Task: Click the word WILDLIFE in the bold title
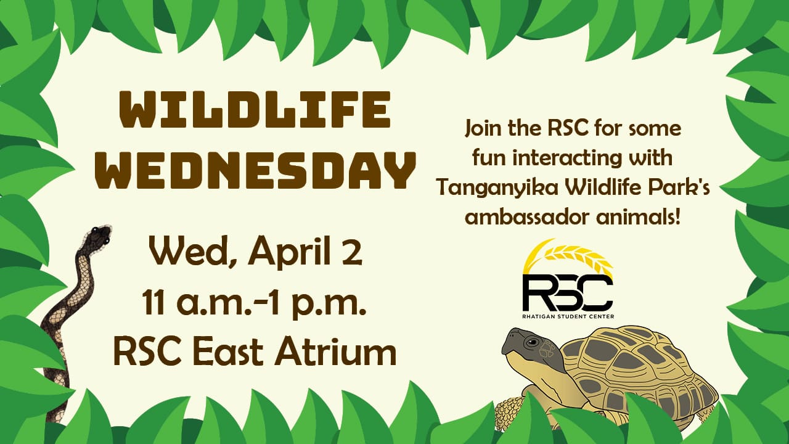[255, 109]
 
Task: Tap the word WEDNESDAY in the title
[255, 171]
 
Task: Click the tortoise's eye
[532, 342]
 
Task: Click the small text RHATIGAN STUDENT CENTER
[568, 316]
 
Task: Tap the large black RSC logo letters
[568, 292]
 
